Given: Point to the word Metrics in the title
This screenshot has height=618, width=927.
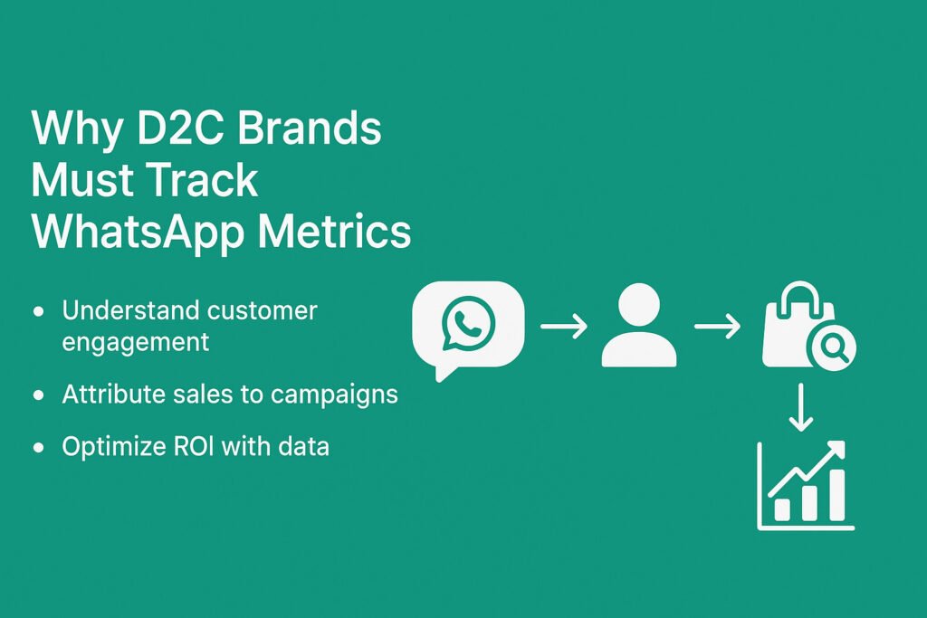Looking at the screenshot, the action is click(334, 231).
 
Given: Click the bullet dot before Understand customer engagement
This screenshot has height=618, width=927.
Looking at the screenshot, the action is click(39, 310).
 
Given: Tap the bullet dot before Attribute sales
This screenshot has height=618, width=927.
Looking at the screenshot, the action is click(39, 395).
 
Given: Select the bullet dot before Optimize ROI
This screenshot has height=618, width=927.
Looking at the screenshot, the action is click(39, 447).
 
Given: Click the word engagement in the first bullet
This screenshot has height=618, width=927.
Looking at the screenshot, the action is click(136, 343).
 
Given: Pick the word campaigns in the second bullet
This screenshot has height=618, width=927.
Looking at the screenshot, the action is click(334, 395).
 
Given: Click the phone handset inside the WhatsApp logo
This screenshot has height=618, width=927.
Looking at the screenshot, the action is click(469, 322).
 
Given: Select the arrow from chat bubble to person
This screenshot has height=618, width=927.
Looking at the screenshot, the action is click(564, 326).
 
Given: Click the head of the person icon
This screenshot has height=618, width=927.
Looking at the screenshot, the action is click(638, 305).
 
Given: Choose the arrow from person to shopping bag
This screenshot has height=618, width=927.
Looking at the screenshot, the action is click(717, 326).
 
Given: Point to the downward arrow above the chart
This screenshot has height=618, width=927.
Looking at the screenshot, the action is click(800, 407).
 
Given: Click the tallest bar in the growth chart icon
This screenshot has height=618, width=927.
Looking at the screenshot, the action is click(836, 495).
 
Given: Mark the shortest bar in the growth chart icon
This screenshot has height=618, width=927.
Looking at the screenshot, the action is click(782, 509).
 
